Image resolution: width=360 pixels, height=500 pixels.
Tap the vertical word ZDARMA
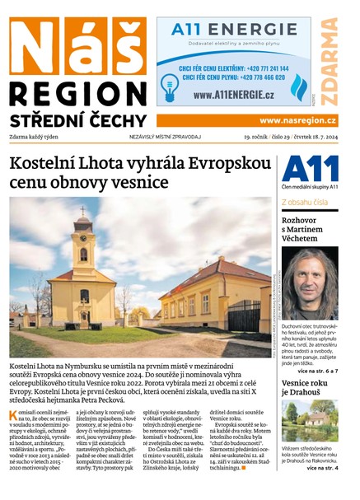pyautogui.click(x=328, y=60)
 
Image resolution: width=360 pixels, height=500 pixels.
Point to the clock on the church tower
pyautogui.click(x=82, y=233)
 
